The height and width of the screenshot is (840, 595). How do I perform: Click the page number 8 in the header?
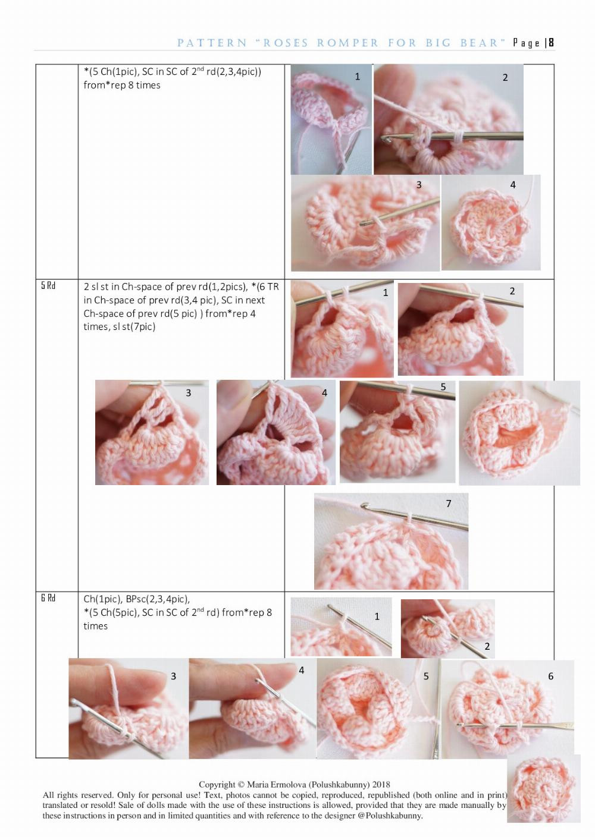point(551,43)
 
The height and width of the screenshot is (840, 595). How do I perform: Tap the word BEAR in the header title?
point(482,43)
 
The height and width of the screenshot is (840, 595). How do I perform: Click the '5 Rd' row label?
point(48,286)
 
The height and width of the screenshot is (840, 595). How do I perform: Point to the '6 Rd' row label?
point(48,598)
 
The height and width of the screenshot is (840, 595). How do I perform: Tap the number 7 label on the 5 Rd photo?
point(449,504)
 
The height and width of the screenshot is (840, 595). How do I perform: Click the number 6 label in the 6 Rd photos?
point(550,676)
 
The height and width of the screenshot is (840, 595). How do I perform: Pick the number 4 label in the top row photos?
point(512,185)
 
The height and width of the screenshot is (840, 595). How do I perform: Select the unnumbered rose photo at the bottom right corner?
point(543,789)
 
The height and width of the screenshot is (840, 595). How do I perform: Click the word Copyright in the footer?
point(217,784)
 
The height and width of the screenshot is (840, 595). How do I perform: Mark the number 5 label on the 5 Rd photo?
point(443,387)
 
